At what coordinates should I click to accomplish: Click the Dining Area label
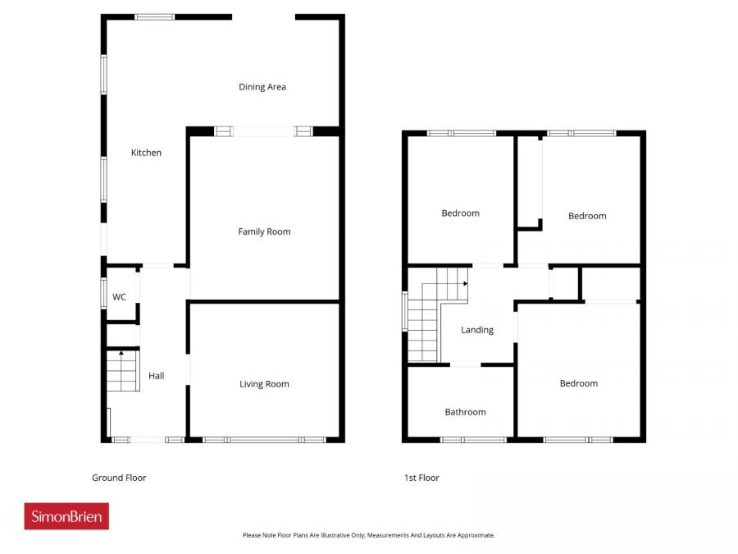coord(262,87)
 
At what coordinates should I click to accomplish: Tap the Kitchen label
coord(147,153)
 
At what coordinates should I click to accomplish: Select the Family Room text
coord(264,231)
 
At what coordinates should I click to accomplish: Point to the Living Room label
coord(264,384)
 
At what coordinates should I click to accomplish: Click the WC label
coord(119,297)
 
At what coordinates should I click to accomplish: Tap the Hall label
coord(156,376)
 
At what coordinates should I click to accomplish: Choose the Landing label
coord(477,330)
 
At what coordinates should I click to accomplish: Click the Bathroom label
coord(465,412)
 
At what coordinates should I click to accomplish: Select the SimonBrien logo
coord(66,516)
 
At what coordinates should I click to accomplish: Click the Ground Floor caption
coord(119,478)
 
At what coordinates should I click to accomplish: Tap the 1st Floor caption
coord(421,478)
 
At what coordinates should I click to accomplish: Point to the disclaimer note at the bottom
coord(368,535)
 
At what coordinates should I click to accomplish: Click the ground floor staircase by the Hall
coord(121,371)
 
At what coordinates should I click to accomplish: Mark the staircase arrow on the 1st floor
coord(464,283)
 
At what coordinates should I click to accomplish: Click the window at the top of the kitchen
coord(154,16)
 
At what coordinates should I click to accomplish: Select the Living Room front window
coord(264,440)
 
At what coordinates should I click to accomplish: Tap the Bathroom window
coord(473,440)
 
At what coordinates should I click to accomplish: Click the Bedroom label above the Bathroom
coord(460,213)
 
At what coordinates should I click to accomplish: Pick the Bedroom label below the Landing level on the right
coord(579,383)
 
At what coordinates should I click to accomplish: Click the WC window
coord(104,293)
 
